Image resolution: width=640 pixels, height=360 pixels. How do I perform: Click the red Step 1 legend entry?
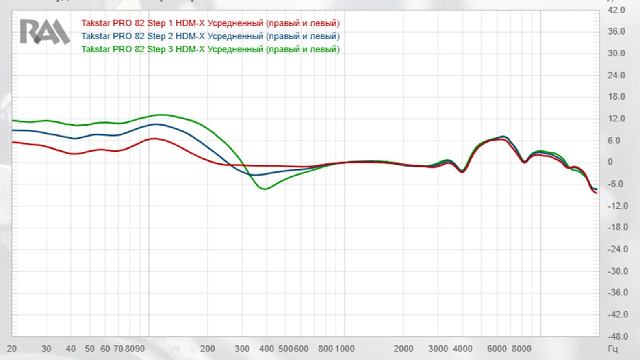pyautogui.click(x=210, y=23)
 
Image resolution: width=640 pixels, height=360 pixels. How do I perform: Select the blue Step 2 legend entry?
pyautogui.click(x=210, y=36)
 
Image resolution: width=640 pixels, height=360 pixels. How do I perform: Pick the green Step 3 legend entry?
pyautogui.click(x=210, y=49)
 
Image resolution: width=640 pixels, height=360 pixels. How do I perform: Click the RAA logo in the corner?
pyautogui.click(x=44, y=31)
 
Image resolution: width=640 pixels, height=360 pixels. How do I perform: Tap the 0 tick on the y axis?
pyautogui.click(x=610, y=162)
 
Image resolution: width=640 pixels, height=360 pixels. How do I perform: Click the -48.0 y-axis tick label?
pyautogui.click(x=617, y=336)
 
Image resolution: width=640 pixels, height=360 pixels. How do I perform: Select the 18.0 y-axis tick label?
pyautogui.click(x=616, y=97)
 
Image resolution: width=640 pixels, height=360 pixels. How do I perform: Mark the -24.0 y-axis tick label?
pyautogui.click(x=617, y=249)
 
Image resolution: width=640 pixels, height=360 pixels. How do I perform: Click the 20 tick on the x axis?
pyautogui.click(x=12, y=349)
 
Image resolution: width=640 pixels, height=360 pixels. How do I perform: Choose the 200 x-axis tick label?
pyautogui.click(x=208, y=349)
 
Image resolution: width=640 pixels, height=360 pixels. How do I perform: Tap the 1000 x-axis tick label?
pyautogui.click(x=345, y=349)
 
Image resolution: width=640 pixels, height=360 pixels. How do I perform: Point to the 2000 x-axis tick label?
pyautogui.click(x=404, y=349)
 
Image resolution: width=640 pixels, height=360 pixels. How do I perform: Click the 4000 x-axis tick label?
pyautogui.click(x=462, y=349)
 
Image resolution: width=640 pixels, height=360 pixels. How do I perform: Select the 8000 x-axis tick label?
pyautogui.click(x=521, y=349)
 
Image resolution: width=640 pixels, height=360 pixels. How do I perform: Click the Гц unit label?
pyautogui.click(x=613, y=349)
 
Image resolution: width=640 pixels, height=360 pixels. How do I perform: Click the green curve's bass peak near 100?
pyautogui.click(x=162, y=115)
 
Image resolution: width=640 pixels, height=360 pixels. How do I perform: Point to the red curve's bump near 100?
pyautogui.click(x=155, y=139)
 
